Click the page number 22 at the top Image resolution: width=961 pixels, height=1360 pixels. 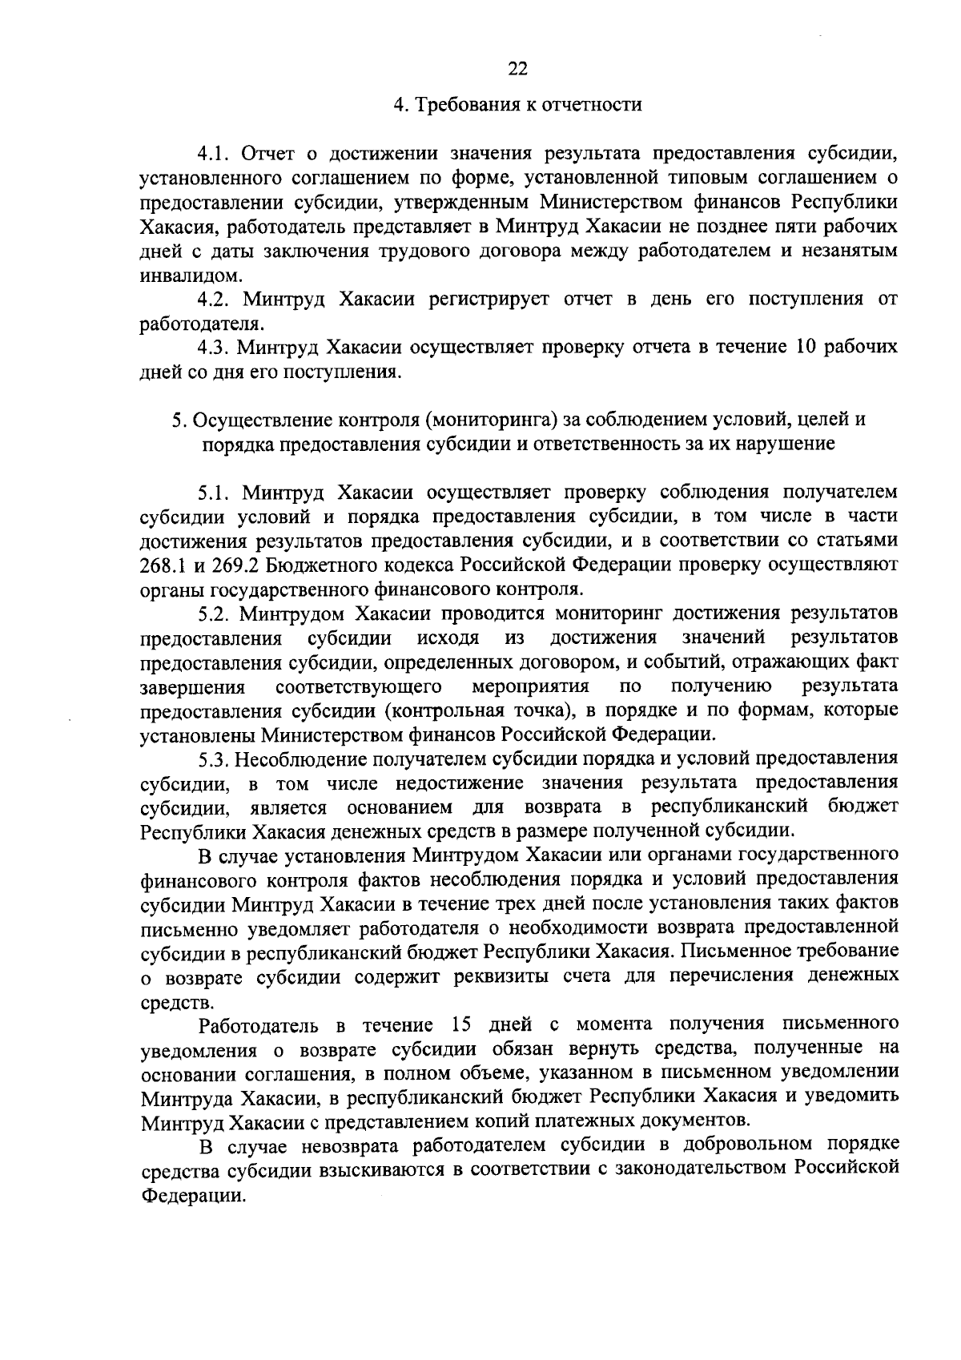tap(517, 69)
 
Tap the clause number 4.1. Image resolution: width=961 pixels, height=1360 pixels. tap(214, 153)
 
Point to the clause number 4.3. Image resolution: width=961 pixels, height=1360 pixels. tap(214, 348)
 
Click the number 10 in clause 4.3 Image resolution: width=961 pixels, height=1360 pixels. tap(808, 348)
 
